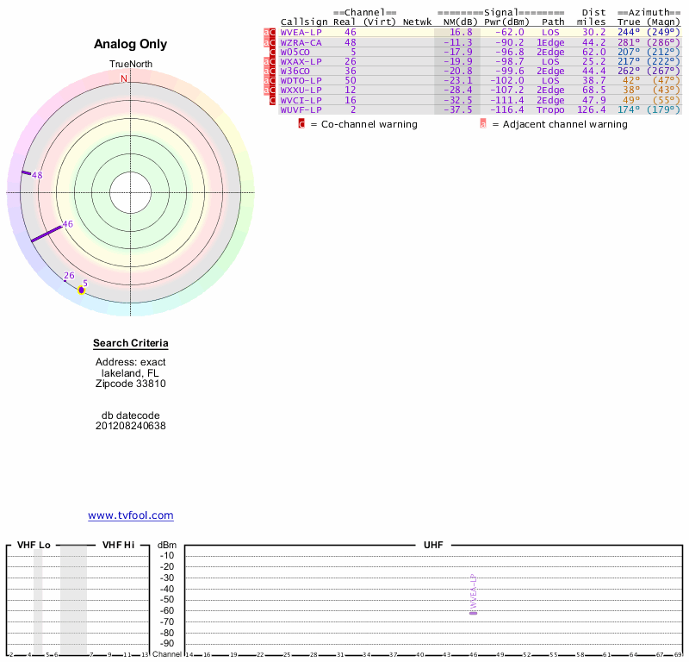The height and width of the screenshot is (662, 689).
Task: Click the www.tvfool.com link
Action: tap(131, 515)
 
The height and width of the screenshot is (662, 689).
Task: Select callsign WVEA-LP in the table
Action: tap(301, 32)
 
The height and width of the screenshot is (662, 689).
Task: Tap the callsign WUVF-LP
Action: tap(301, 109)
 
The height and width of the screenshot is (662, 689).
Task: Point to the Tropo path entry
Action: tap(550, 109)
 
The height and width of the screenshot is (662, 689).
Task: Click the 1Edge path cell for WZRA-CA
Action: tap(550, 42)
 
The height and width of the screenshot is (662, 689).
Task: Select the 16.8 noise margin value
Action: tap(461, 32)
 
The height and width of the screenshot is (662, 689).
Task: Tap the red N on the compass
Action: tap(124, 78)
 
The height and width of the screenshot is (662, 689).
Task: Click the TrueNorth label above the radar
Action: tap(130, 65)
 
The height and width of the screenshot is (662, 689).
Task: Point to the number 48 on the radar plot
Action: tap(37, 175)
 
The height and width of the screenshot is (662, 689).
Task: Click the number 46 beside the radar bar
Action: tap(68, 224)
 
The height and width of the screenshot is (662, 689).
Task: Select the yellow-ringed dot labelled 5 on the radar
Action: tap(82, 290)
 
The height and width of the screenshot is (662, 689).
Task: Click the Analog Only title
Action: tap(131, 44)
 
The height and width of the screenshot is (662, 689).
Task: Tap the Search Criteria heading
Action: tap(131, 344)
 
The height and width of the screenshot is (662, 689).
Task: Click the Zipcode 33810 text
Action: tap(131, 384)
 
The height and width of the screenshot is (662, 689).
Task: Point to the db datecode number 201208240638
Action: tap(131, 426)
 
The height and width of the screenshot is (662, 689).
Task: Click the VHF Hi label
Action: tap(118, 545)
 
